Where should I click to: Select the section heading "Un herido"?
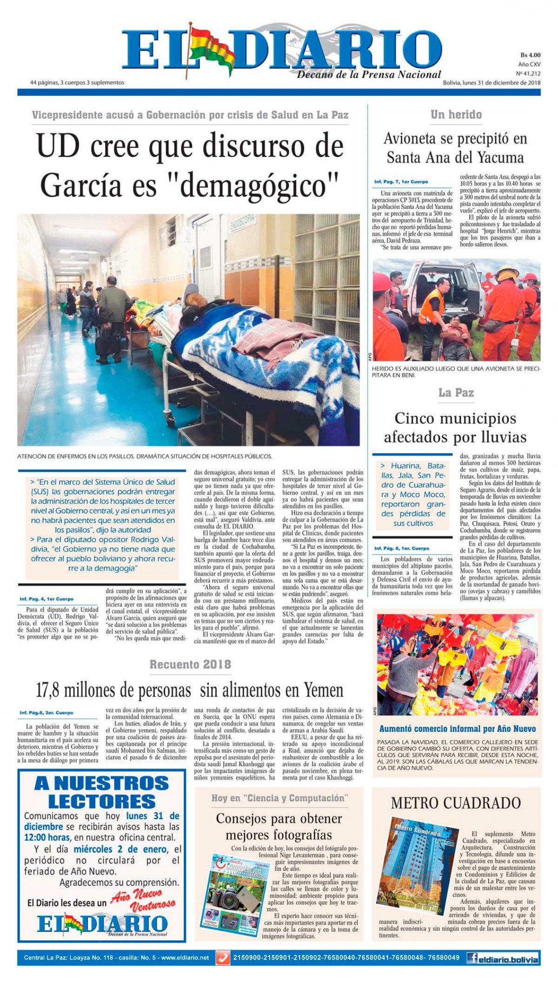point(456,114)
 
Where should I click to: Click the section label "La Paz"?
point(456,393)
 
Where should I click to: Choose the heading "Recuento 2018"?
point(190,664)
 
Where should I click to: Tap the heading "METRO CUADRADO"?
point(456,802)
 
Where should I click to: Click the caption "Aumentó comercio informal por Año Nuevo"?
point(458,729)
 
